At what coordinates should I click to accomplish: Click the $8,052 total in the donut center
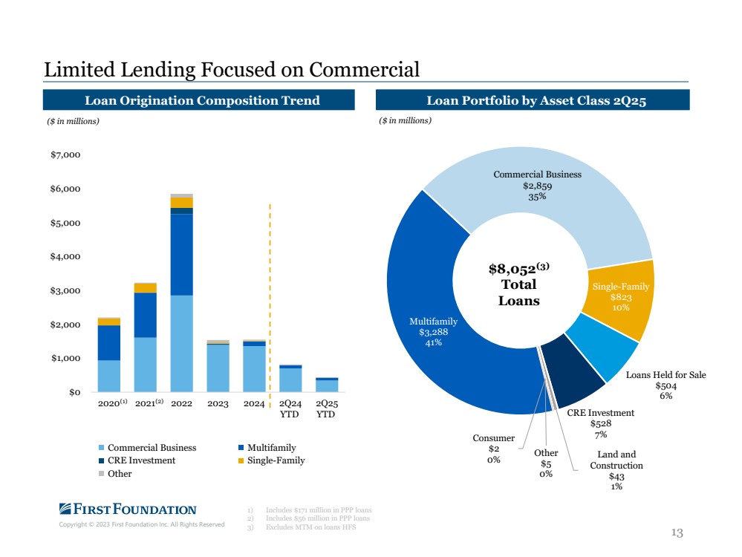click(x=518, y=269)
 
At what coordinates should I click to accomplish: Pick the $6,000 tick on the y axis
click(x=65, y=189)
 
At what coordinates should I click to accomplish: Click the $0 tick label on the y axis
click(x=74, y=392)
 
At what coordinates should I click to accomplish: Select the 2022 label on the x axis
click(x=181, y=404)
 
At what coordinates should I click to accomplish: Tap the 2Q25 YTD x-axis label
click(x=326, y=409)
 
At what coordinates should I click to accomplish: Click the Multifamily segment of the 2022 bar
click(x=182, y=255)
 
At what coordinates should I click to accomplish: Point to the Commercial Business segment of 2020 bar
click(x=109, y=377)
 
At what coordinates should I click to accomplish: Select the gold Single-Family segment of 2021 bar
click(x=146, y=287)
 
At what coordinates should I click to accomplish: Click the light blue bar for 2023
click(x=218, y=368)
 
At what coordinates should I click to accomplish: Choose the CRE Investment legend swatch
click(x=101, y=460)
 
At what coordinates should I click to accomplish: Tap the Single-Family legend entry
click(x=272, y=460)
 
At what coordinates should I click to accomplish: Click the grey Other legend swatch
click(x=101, y=474)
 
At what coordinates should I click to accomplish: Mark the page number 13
click(x=677, y=533)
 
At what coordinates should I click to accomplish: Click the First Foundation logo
click(x=128, y=509)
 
